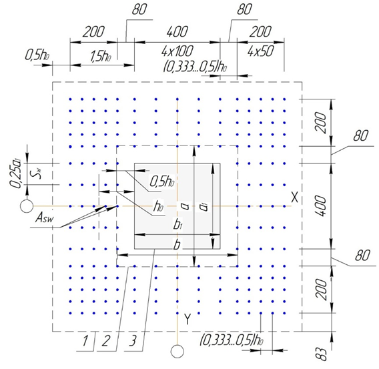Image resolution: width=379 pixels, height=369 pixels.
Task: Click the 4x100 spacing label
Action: click(x=177, y=51)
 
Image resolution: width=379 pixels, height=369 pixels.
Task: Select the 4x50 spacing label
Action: click(x=260, y=51)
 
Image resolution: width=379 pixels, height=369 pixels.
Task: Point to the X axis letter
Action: click(x=295, y=198)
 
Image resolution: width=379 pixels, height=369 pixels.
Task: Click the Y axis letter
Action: click(x=187, y=319)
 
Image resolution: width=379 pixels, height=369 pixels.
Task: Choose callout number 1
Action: click(x=85, y=341)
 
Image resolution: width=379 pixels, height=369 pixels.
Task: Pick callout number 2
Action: click(x=105, y=341)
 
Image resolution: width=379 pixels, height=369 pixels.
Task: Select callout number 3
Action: click(x=133, y=341)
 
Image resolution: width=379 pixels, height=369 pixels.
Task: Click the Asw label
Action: click(x=45, y=218)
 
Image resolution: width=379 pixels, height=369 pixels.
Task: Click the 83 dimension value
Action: click(x=322, y=354)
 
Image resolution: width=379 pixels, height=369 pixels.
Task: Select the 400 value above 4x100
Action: click(x=177, y=31)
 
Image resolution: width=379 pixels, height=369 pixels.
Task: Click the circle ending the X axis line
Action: click(x=27, y=206)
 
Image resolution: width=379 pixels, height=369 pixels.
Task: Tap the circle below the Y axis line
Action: click(x=177, y=351)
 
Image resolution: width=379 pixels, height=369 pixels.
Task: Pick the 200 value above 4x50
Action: click(x=260, y=31)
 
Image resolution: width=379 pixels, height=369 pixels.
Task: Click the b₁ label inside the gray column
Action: click(x=177, y=226)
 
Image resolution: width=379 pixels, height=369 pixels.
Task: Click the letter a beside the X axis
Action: click(x=185, y=206)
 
